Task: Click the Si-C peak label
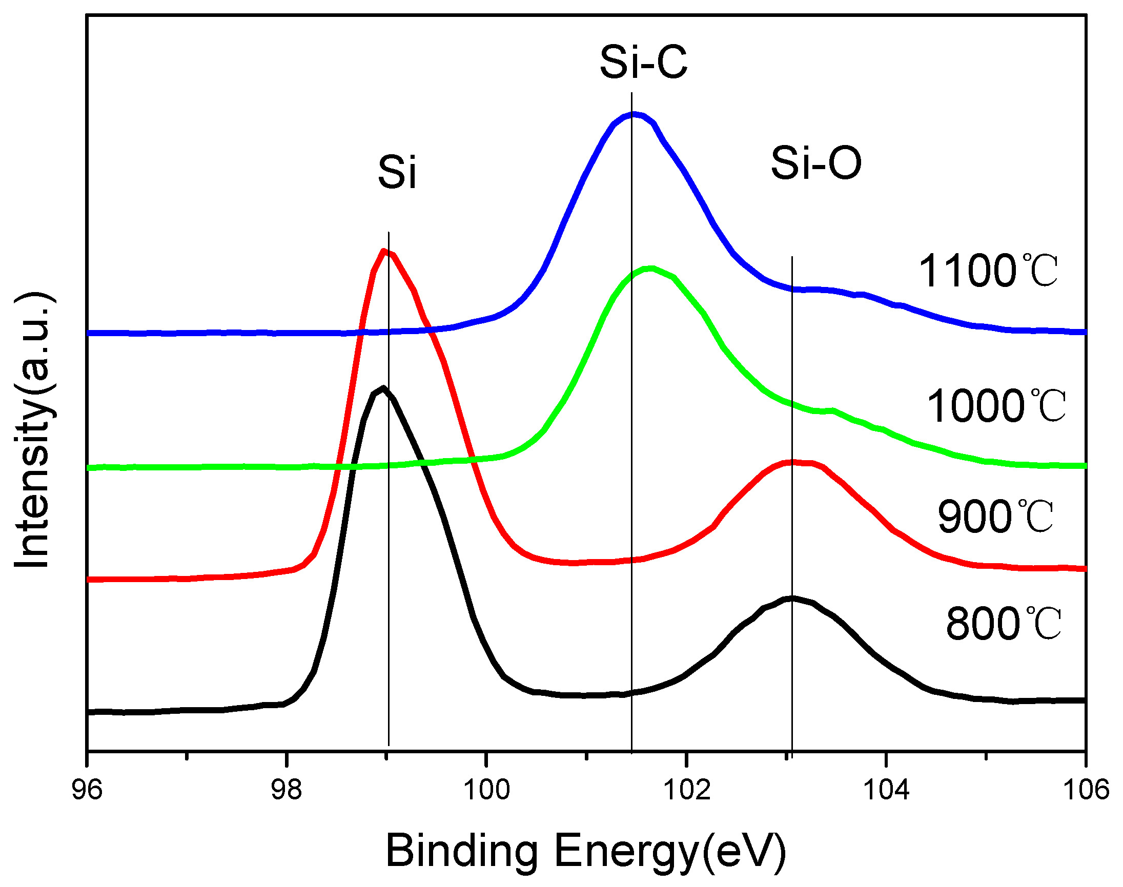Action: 643,63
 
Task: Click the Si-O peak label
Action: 816,163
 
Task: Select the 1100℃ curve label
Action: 988,271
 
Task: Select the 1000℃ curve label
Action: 996,406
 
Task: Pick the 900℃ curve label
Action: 995,517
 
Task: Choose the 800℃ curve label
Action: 1003,624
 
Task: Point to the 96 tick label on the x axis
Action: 87,790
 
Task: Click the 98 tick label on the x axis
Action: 286,790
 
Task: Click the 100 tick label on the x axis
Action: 486,790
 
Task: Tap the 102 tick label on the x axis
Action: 687,790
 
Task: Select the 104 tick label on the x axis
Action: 886,790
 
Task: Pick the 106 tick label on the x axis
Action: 1086,790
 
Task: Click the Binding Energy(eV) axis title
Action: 585,851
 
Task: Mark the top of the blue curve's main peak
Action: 633,114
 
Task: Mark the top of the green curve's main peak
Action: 650,269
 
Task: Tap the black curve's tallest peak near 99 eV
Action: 383,388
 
